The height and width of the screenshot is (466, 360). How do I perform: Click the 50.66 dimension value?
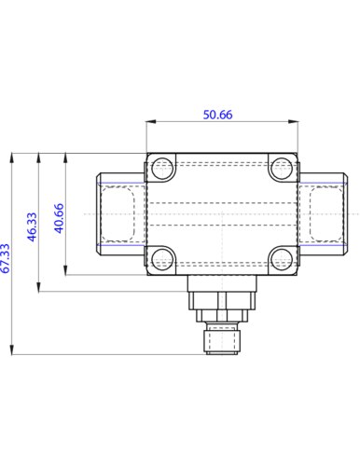[217, 115]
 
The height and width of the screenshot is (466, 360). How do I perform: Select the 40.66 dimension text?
[59, 218]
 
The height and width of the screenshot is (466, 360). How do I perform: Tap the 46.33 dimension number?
[32, 226]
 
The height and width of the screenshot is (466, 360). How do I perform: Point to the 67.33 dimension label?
[5, 258]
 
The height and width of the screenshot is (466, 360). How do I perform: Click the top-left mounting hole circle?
[162, 169]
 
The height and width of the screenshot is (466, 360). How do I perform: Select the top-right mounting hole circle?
[281, 169]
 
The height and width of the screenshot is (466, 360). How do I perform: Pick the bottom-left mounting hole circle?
[162, 258]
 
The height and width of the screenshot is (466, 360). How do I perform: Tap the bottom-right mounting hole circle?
[281, 258]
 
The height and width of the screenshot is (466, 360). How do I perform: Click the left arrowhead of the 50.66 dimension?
[151, 121]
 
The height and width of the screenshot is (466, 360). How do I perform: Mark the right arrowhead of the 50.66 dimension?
[293, 121]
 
